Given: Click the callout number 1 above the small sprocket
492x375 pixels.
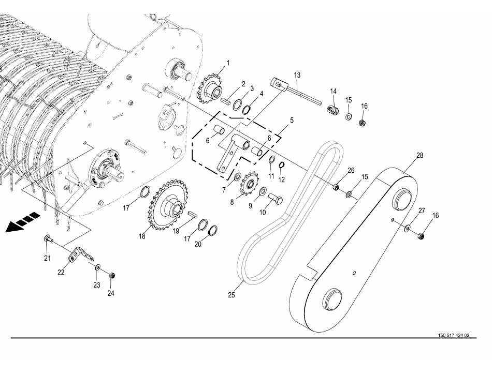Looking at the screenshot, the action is click(228, 63).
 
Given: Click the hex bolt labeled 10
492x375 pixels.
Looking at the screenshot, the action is click(276, 199).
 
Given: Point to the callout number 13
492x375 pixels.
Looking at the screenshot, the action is click(297, 75).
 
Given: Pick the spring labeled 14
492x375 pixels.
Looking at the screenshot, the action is click(333, 110).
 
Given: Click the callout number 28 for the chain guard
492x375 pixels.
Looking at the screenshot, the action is click(419, 155).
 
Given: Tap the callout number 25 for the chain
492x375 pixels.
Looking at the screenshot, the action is click(231, 295).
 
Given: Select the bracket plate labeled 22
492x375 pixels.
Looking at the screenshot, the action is click(81, 254).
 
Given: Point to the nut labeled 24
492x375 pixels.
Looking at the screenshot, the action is click(111, 276).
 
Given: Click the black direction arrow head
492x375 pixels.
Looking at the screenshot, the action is click(12, 227).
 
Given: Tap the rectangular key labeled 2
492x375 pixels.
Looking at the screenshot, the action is click(226, 101).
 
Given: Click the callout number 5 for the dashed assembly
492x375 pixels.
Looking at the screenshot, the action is click(292, 121).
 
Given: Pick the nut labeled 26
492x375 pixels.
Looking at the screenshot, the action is click(336, 187).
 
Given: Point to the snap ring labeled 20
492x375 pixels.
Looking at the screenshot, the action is click(213, 230).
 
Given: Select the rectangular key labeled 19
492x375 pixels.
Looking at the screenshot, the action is click(192, 214).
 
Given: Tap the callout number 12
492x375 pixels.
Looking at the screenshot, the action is click(281, 180).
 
